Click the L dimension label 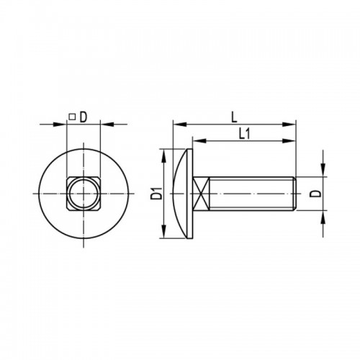tap(234, 118)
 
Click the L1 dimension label tap(245, 134)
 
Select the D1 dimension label tap(156, 194)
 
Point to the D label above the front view tap(83, 117)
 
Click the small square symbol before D tap(72, 117)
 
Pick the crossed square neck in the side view tap(201, 194)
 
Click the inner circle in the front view tap(84, 194)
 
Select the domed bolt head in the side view tap(183, 194)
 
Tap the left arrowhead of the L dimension tap(179, 125)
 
